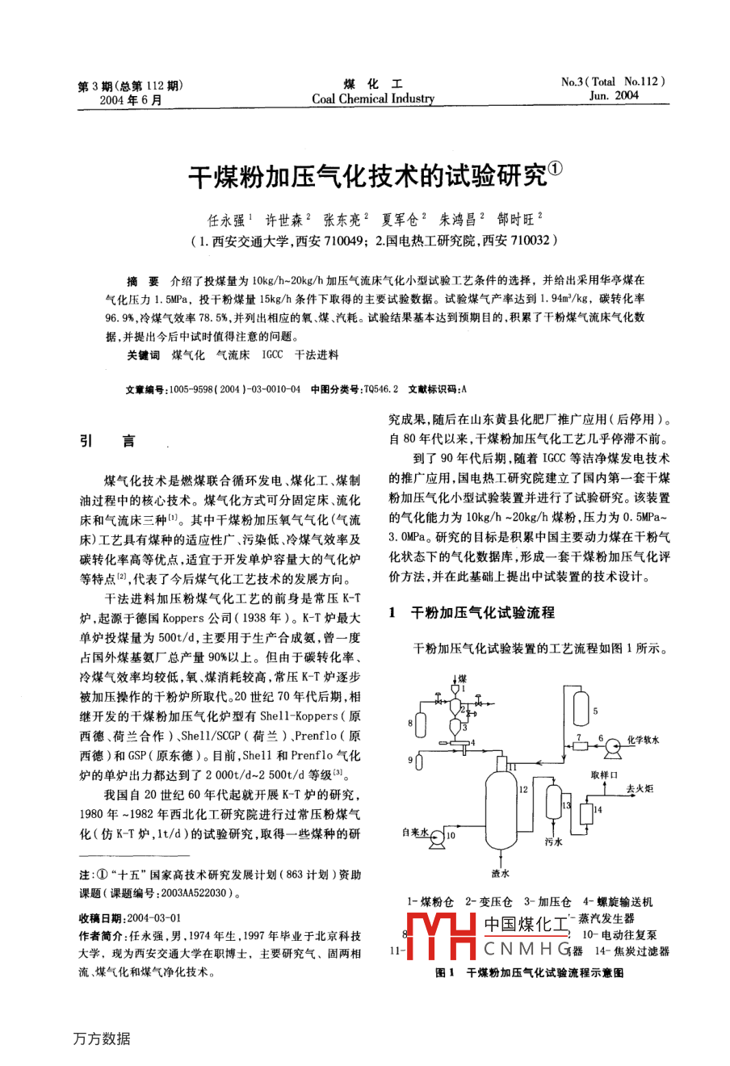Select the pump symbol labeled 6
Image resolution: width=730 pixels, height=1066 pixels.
click(x=613, y=741)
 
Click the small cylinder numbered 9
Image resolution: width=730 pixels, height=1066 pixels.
click(x=418, y=760)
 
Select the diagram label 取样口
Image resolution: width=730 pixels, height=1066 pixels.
click(x=606, y=774)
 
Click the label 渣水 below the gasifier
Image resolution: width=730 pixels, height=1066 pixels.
click(x=500, y=872)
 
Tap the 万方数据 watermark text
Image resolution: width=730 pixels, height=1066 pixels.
click(x=101, y=1039)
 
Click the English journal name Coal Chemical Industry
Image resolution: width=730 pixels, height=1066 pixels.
click(x=373, y=99)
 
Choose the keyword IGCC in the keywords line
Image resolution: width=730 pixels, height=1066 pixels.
click(x=272, y=355)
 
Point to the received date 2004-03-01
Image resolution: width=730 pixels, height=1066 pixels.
click(x=153, y=918)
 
